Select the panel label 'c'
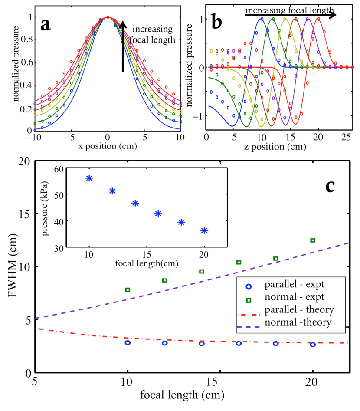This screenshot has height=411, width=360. [330, 185]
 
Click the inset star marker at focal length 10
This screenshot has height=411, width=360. [89, 178]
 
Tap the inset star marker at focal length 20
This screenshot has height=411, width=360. [204, 230]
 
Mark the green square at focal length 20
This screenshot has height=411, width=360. [313, 240]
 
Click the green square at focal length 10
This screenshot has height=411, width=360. [128, 289]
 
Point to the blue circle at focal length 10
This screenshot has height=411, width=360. [128, 342]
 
